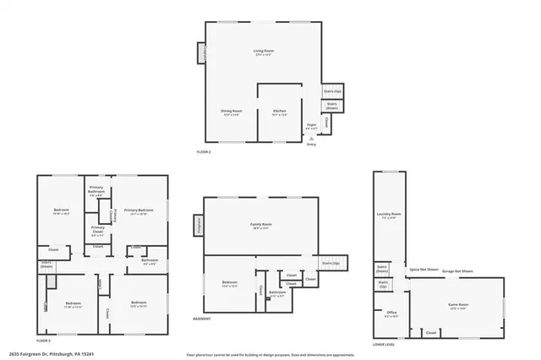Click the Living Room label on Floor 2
[x=265, y=52]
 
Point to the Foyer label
[x=311, y=126]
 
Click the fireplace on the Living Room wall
[x=202, y=54]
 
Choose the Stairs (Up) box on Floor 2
[x=331, y=90]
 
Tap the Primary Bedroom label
[x=139, y=211]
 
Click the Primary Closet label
[x=98, y=228]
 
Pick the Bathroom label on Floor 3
[x=150, y=261]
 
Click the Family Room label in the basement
[x=260, y=226]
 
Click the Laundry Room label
[x=388, y=215]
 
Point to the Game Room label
[x=457, y=304]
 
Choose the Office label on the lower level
[x=391, y=314]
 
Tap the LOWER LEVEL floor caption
[x=384, y=345]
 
